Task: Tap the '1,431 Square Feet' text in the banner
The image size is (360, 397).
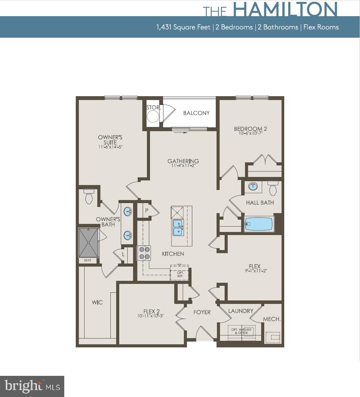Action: (x=183, y=27)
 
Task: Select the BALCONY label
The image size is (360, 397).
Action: (x=196, y=113)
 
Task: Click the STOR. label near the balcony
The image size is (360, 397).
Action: (x=153, y=107)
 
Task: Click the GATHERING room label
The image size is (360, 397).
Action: (x=183, y=161)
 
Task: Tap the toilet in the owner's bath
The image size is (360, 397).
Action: (x=89, y=197)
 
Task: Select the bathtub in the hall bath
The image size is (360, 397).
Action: (x=259, y=224)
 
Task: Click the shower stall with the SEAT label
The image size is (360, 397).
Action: (x=89, y=243)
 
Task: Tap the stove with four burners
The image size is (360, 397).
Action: (x=144, y=253)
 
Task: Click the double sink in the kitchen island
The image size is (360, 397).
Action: (x=178, y=227)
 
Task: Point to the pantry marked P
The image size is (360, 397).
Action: (x=147, y=210)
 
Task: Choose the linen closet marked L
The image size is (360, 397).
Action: (x=123, y=255)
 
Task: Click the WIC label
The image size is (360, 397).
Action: (x=97, y=302)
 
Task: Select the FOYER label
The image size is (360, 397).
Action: (x=202, y=312)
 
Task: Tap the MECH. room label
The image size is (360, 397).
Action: (x=272, y=319)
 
